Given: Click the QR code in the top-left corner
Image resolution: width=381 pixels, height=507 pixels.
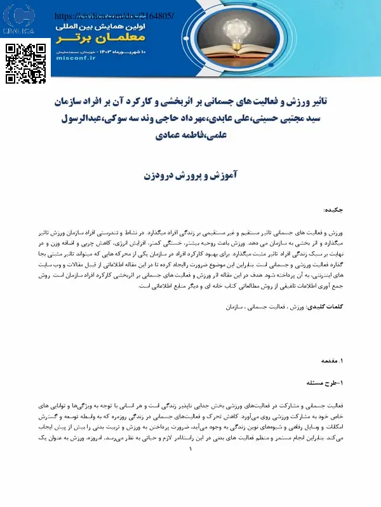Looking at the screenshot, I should [26, 63].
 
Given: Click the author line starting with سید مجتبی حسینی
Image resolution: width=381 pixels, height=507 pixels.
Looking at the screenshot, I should [190, 118].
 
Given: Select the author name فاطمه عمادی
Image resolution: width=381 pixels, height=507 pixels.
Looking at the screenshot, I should [171, 134].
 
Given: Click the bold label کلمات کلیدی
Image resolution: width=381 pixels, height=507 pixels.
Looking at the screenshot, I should [326, 307].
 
